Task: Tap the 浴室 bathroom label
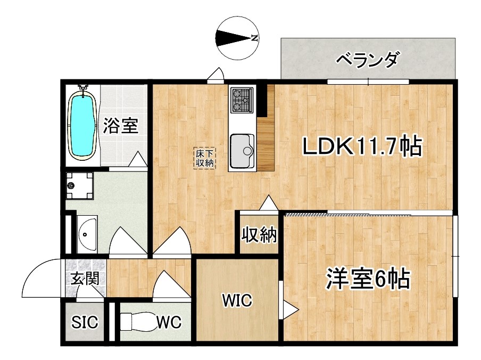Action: (x=121, y=126)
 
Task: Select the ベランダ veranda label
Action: (x=367, y=61)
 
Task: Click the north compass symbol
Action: (x=237, y=38)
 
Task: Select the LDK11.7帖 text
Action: (x=362, y=146)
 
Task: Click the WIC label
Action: (x=236, y=301)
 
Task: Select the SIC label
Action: (x=85, y=323)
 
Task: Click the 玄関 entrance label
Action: (x=85, y=278)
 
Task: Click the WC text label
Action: (x=169, y=323)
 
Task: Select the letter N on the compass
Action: (x=254, y=38)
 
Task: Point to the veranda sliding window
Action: (x=368, y=81)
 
